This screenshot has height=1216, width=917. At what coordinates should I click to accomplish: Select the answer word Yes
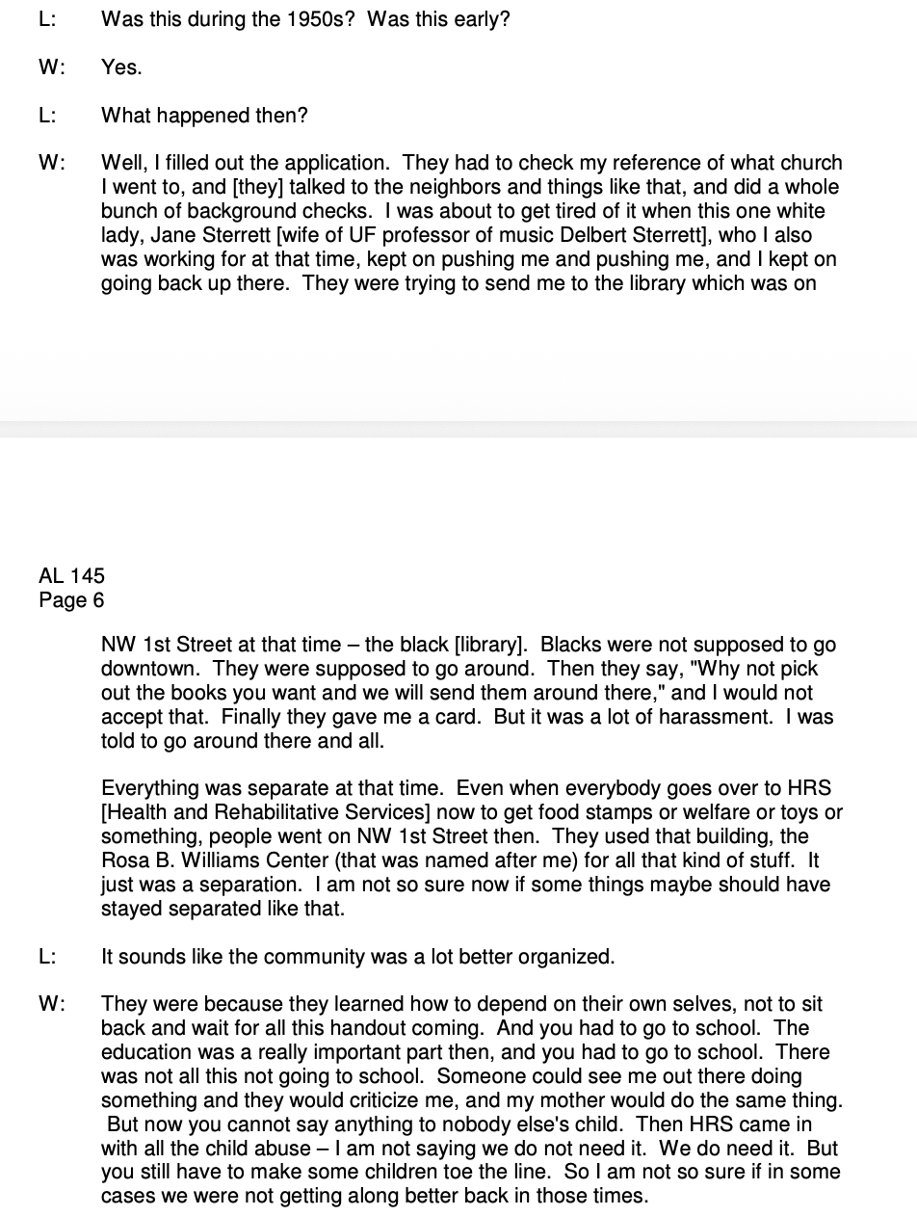click(x=120, y=67)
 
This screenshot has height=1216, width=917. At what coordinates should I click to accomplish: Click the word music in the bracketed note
click(x=580, y=235)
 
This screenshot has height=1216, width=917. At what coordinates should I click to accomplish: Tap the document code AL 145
click(x=71, y=576)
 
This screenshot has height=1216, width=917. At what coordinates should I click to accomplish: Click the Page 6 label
click(x=71, y=600)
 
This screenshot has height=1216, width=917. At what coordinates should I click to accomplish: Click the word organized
click(x=564, y=957)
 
